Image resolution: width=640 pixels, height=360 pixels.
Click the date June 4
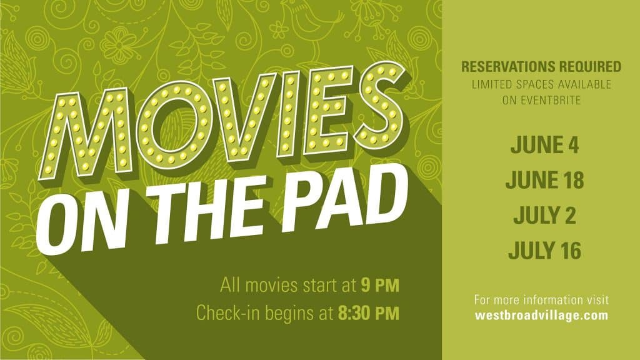coord(544,144)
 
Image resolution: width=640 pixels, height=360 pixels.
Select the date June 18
coord(544,179)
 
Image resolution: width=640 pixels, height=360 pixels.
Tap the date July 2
coord(544,215)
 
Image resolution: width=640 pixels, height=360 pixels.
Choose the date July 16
coord(544,250)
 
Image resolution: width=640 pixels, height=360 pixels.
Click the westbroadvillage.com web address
coord(542,315)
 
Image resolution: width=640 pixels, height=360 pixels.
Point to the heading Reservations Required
coord(541,66)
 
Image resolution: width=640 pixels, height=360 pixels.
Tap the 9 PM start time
coord(380,285)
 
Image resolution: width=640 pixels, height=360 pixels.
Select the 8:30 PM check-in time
coord(369,314)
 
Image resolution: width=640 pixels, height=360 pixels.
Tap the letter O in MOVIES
coord(174,123)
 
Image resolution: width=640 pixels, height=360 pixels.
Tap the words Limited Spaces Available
coord(542,84)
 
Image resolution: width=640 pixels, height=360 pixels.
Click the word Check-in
coord(229,314)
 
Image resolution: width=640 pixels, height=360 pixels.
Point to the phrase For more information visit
coord(542,300)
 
